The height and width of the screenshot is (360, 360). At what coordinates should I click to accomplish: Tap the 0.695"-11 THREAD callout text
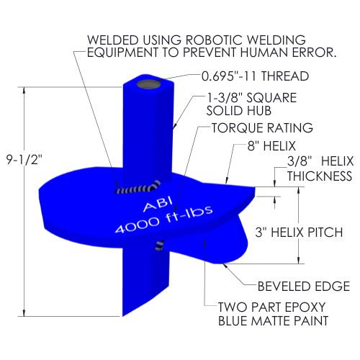(x=255, y=76)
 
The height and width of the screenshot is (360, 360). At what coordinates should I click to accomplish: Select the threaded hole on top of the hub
(x=149, y=85)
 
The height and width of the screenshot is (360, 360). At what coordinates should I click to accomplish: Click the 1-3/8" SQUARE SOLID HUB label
(x=251, y=104)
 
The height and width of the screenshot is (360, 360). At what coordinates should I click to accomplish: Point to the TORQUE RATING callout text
(x=262, y=127)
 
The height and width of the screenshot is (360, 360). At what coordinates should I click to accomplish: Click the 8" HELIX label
(x=271, y=146)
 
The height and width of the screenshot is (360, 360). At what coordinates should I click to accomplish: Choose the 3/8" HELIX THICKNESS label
(x=320, y=168)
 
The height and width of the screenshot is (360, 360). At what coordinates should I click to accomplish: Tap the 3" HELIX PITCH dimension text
(x=299, y=233)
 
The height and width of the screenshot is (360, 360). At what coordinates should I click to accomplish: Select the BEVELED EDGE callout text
(x=304, y=287)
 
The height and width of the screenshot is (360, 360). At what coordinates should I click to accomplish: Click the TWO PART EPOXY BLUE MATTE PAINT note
(x=273, y=314)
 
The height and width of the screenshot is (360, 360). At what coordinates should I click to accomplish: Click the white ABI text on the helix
(x=158, y=204)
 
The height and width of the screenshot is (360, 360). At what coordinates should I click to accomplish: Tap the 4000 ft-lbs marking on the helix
(x=164, y=220)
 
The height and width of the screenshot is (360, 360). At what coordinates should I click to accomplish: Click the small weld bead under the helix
(x=160, y=246)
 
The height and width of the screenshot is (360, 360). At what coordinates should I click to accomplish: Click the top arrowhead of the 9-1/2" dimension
(x=24, y=91)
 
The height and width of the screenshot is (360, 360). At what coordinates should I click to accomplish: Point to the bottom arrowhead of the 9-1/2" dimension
(x=24, y=312)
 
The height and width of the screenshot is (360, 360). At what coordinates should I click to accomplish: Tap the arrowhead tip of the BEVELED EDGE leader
(x=222, y=264)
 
